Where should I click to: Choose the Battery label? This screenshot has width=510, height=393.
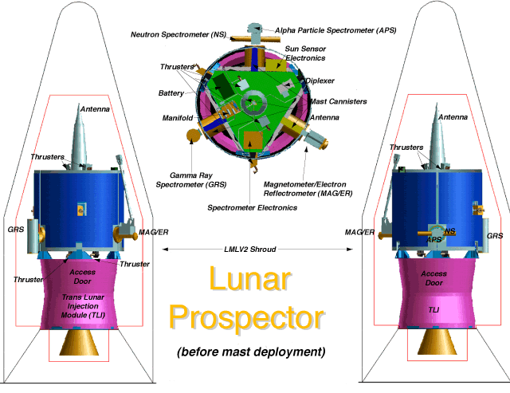(171, 93)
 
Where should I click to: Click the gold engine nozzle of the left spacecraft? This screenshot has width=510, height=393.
(78, 342)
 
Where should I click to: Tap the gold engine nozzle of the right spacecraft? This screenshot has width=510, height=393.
(435, 342)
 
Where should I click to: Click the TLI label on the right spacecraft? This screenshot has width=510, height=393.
(434, 309)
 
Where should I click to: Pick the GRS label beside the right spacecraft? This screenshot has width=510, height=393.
(495, 236)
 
